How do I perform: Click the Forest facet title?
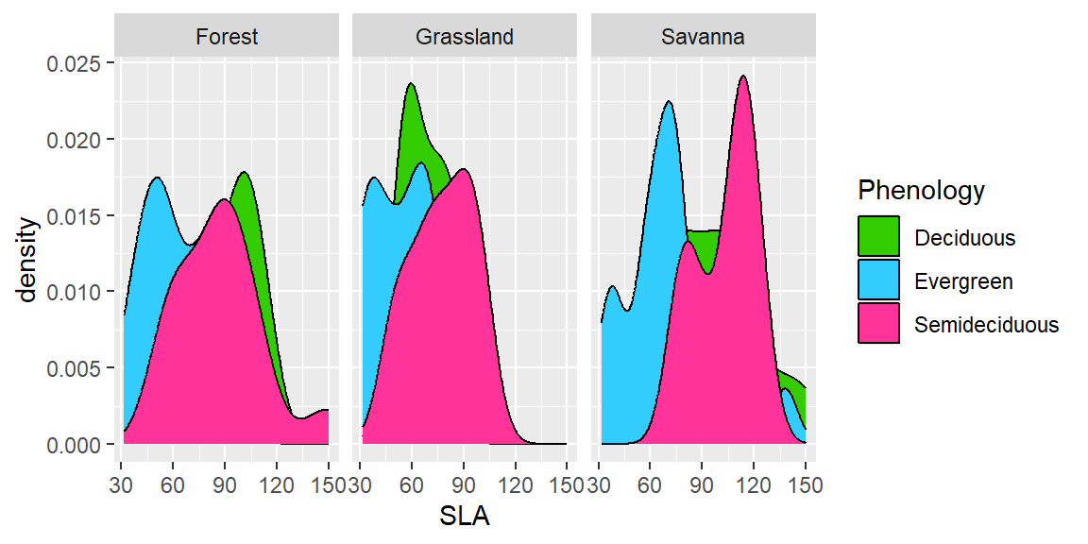pyautogui.click(x=227, y=38)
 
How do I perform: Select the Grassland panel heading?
pyautogui.click(x=465, y=38)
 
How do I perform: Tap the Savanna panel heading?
pyautogui.click(x=703, y=38)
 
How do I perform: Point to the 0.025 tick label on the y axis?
pyautogui.click(x=78, y=63)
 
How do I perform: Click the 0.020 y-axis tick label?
pyautogui.click(x=78, y=140)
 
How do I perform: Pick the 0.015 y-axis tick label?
pyautogui.click(x=78, y=216)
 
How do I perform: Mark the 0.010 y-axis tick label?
pyautogui.click(x=78, y=292)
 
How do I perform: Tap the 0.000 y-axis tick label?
pyautogui.click(x=78, y=444)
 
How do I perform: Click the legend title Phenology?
pyautogui.click(x=921, y=191)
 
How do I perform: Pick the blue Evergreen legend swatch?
pyautogui.click(x=879, y=281)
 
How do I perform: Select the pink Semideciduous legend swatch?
pyautogui.click(x=879, y=325)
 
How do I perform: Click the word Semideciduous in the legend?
pyautogui.click(x=987, y=326)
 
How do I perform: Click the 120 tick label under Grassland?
pyautogui.click(x=515, y=485)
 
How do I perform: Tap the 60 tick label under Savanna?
pyautogui.click(x=650, y=485)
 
